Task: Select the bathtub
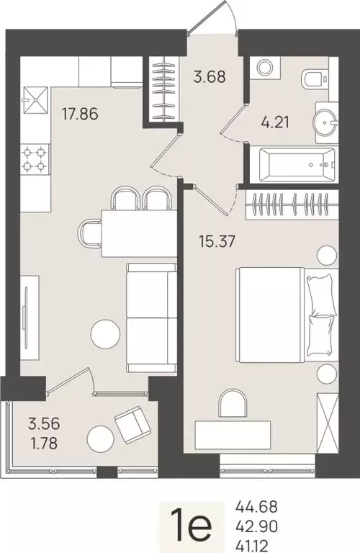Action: pos(292,164)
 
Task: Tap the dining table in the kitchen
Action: pos(139,232)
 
